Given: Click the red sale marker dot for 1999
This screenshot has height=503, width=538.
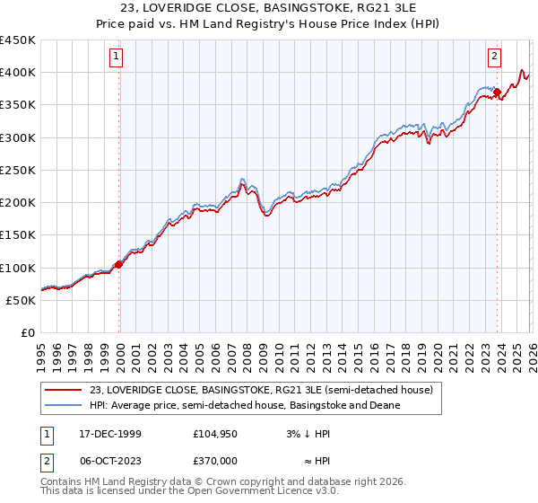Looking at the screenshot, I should (119, 264).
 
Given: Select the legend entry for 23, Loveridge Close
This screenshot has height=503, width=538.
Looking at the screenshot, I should (261, 390).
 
